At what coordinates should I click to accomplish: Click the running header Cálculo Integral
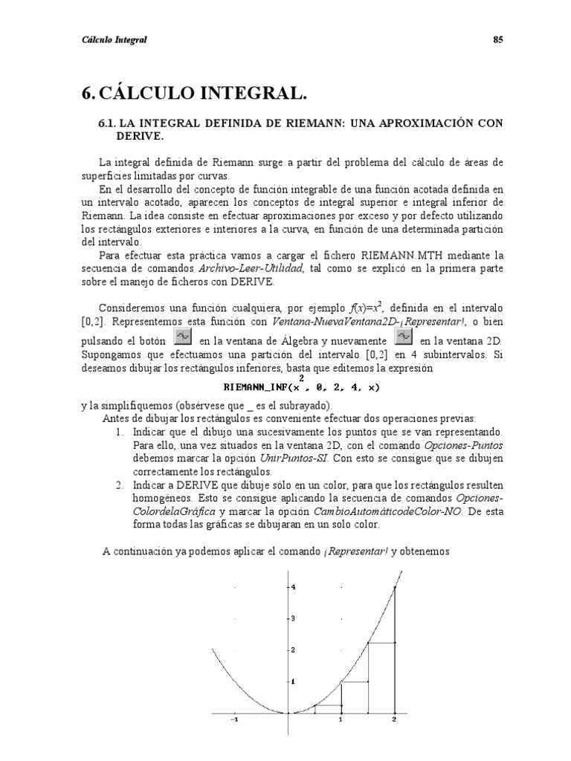pos(114,40)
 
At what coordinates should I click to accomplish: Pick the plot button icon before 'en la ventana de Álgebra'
pos(182,337)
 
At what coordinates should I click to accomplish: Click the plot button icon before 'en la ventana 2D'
pos(403,337)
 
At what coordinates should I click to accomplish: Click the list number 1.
pos(120,432)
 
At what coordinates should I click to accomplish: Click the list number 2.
pos(120,485)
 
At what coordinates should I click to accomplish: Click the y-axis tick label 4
pos(294,587)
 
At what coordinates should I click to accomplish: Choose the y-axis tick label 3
pos(294,618)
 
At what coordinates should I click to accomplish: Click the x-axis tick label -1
pos(234,720)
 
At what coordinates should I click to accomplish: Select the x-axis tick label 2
pos(394,720)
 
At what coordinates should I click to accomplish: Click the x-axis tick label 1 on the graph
pos(341,720)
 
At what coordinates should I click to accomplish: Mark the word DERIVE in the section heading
pos(139,137)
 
